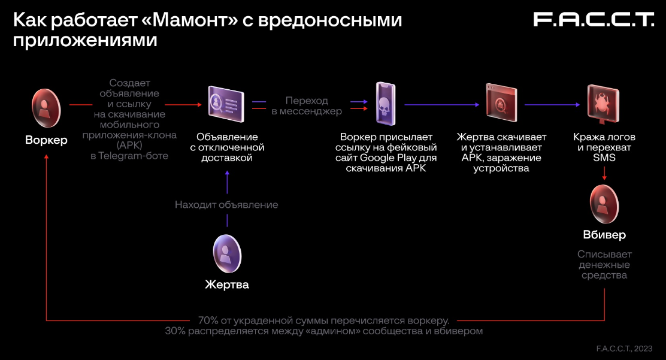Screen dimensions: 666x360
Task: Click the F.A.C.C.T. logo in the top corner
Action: (x=593, y=20)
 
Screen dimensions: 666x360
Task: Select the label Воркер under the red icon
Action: (x=46, y=140)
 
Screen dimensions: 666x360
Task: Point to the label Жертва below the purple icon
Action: (x=227, y=285)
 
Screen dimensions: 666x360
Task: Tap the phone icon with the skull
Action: (x=386, y=104)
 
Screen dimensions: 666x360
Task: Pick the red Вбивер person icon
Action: (x=604, y=204)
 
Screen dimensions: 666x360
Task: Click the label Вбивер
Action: (x=604, y=234)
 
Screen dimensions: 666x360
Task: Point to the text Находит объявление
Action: (x=226, y=205)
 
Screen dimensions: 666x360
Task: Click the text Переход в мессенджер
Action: (x=307, y=105)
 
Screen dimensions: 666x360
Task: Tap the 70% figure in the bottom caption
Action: (x=208, y=320)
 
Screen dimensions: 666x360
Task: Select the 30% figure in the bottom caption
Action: (x=176, y=331)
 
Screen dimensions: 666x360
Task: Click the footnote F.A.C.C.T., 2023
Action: (x=624, y=348)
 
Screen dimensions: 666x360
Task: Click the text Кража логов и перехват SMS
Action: (x=604, y=147)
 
